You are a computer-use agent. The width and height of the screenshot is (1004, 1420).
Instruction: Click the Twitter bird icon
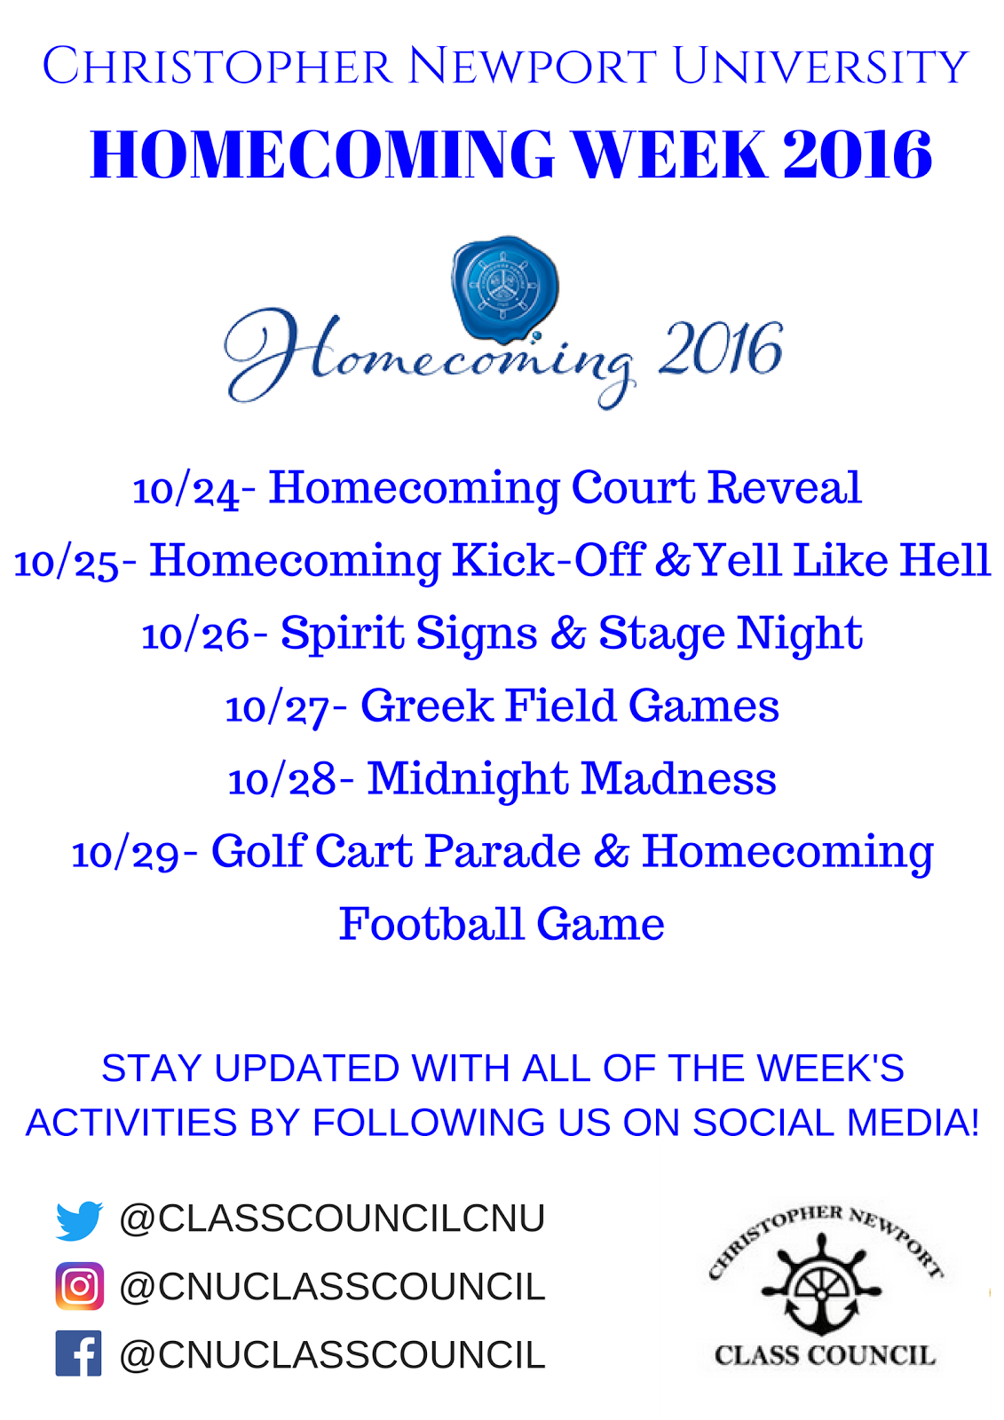[79, 1219]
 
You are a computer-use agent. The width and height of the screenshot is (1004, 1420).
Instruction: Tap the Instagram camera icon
[79, 1286]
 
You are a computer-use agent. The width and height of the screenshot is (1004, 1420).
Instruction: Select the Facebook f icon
[79, 1353]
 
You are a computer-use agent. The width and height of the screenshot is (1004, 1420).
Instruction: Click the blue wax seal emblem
[505, 288]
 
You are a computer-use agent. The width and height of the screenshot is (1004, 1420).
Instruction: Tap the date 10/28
[282, 781]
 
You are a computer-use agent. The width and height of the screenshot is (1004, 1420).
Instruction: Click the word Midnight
[468, 779]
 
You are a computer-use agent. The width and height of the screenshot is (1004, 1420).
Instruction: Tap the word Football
[431, 924]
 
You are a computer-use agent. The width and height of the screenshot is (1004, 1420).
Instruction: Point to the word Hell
[945, 560]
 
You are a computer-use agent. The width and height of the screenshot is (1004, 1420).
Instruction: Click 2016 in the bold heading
[857, 154]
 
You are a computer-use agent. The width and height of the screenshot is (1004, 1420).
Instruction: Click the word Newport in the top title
[532, 66]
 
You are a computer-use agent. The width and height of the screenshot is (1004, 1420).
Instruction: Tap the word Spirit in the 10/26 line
[343, 634]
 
